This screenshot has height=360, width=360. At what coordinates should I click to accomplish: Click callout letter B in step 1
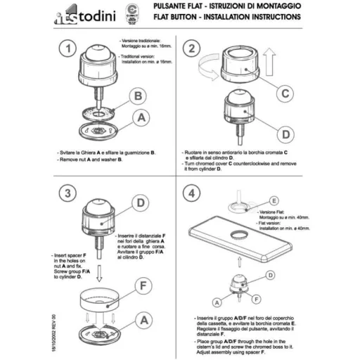139,96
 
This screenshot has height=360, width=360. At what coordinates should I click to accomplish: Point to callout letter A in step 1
141,120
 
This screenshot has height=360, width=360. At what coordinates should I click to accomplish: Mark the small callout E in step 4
274,200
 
